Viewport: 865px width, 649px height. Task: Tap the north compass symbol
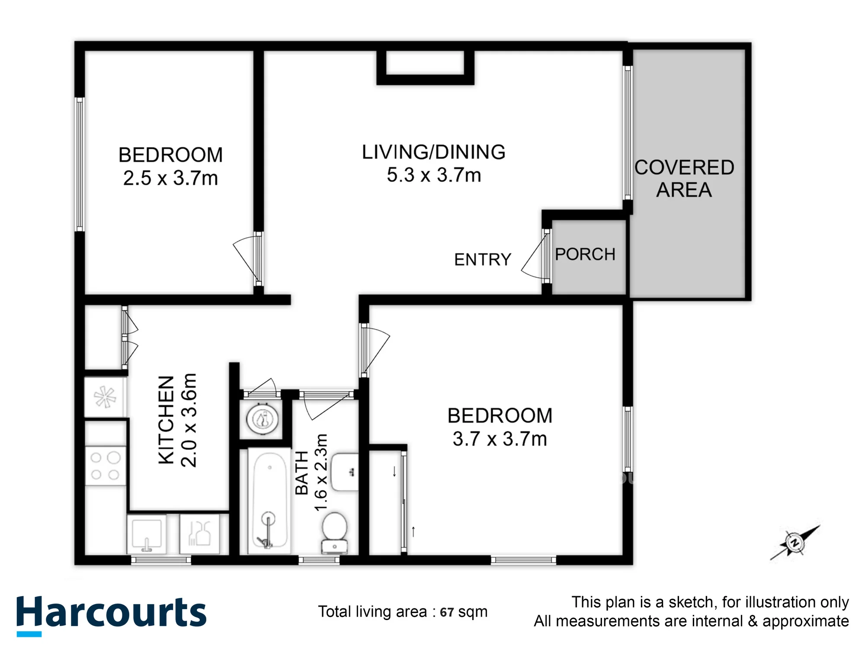[795, 543]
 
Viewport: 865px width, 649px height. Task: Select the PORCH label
[585, 254]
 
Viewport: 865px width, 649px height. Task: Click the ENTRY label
[483, 260]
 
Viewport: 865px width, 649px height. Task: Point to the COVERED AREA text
[684, 179]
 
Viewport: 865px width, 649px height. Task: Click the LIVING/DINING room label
[434, 152]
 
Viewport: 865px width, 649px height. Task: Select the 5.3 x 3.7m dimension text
[434, 175]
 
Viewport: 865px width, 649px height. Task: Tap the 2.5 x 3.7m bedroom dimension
[170, 178]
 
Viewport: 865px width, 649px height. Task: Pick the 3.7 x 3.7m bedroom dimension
[500, 439]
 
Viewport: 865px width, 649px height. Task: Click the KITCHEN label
[167, 420]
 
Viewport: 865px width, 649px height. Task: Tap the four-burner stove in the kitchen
[105, 466]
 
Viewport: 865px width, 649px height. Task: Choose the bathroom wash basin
[345, 472]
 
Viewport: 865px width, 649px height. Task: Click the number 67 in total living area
[447, 612]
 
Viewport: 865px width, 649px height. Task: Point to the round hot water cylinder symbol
[262, 418]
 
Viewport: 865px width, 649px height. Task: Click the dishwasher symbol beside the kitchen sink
[199, 533]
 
